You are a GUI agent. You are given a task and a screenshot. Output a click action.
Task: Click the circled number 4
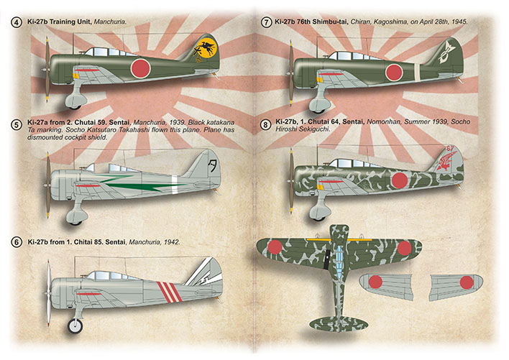click(17, 22)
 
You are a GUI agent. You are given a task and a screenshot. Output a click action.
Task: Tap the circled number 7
click(266, 22)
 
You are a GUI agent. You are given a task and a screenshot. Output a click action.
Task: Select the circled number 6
click(17, 242)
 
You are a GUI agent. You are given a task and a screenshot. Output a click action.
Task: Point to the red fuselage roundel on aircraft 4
click(141, 68)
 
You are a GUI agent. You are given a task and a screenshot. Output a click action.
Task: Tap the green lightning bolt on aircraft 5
click(143, 183)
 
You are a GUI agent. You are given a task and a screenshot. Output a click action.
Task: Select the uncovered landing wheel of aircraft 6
click(75, 326)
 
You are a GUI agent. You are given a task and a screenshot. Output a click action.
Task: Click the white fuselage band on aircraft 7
click(417, 72)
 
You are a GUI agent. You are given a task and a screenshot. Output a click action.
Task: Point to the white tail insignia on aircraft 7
click(446, 52)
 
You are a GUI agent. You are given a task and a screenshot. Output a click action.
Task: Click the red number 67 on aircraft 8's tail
click(450, 149)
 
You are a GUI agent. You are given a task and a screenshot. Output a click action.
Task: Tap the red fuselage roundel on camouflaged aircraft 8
click(400, 180)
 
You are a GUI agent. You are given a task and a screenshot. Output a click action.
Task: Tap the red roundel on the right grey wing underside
click(467, 282)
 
